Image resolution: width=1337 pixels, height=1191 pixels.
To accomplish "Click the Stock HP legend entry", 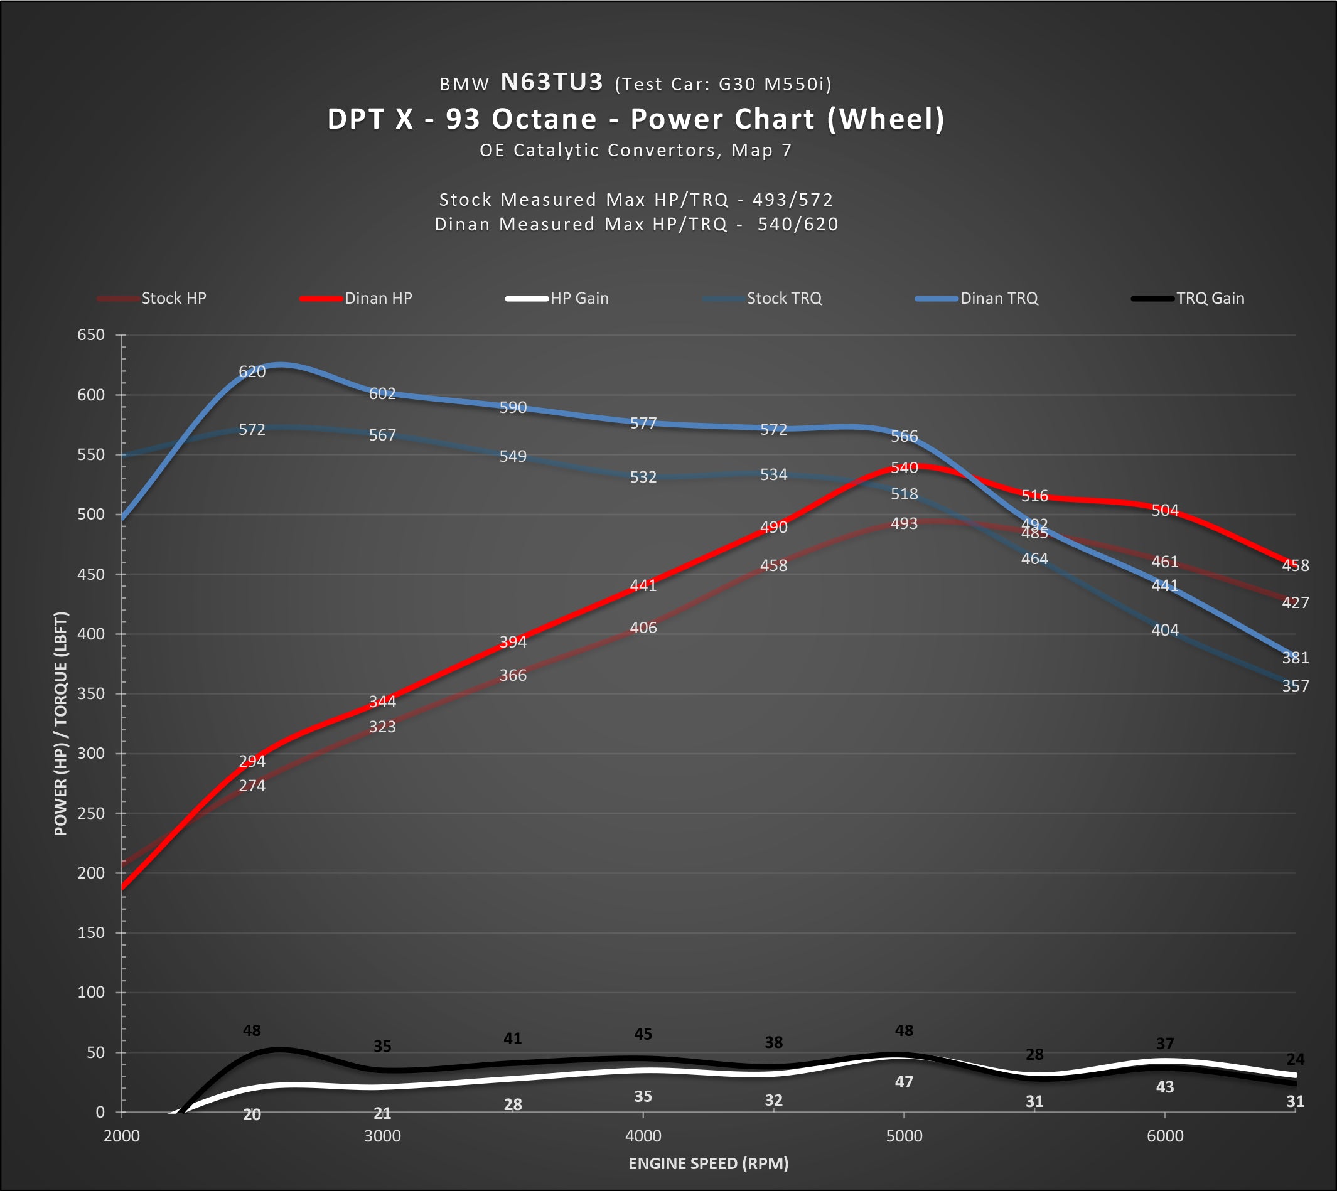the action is [x=152, y=299].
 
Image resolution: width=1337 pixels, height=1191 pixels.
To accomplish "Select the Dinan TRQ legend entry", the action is [x=977, y=299].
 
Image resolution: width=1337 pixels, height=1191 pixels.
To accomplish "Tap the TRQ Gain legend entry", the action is [x=1188, y=299].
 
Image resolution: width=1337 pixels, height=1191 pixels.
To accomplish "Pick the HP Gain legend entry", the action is [x=557, y=299].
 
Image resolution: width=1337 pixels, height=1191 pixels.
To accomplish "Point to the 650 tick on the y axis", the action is [x=91, y=335].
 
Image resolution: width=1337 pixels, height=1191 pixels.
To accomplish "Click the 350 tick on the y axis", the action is [x=91, y=693].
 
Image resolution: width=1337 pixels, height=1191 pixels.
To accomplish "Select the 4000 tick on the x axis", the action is [x=643, y=1136].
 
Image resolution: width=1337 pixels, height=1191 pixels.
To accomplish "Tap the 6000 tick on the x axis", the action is [x=1165, y=1136].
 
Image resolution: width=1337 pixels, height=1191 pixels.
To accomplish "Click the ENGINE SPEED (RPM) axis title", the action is [x=708, y=1163].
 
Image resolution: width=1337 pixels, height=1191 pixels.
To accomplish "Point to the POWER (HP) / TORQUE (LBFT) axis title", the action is [x=61, y=724].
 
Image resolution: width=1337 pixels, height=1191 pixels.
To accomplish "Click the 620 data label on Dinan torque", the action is [x=252, y=371].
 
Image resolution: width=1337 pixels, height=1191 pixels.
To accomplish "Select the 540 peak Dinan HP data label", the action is [x=905, y=468].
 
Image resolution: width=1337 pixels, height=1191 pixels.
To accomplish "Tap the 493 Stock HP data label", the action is [x=905, y=523].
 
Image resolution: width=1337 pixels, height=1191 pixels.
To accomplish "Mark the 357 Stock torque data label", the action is [x=1296, y=686].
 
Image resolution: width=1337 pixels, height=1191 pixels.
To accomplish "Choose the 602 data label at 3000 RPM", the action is [x=382, y=393].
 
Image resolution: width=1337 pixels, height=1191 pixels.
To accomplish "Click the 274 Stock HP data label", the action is [x=252, y=785].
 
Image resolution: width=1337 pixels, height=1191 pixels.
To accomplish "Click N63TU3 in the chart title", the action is [x=552, y=82].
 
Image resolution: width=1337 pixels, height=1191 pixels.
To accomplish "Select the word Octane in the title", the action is [x=544, y=119].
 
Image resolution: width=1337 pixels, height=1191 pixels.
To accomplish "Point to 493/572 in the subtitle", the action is [x=793, y=200].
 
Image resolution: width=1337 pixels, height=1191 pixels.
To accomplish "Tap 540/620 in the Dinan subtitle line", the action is [x=798, y=225].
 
